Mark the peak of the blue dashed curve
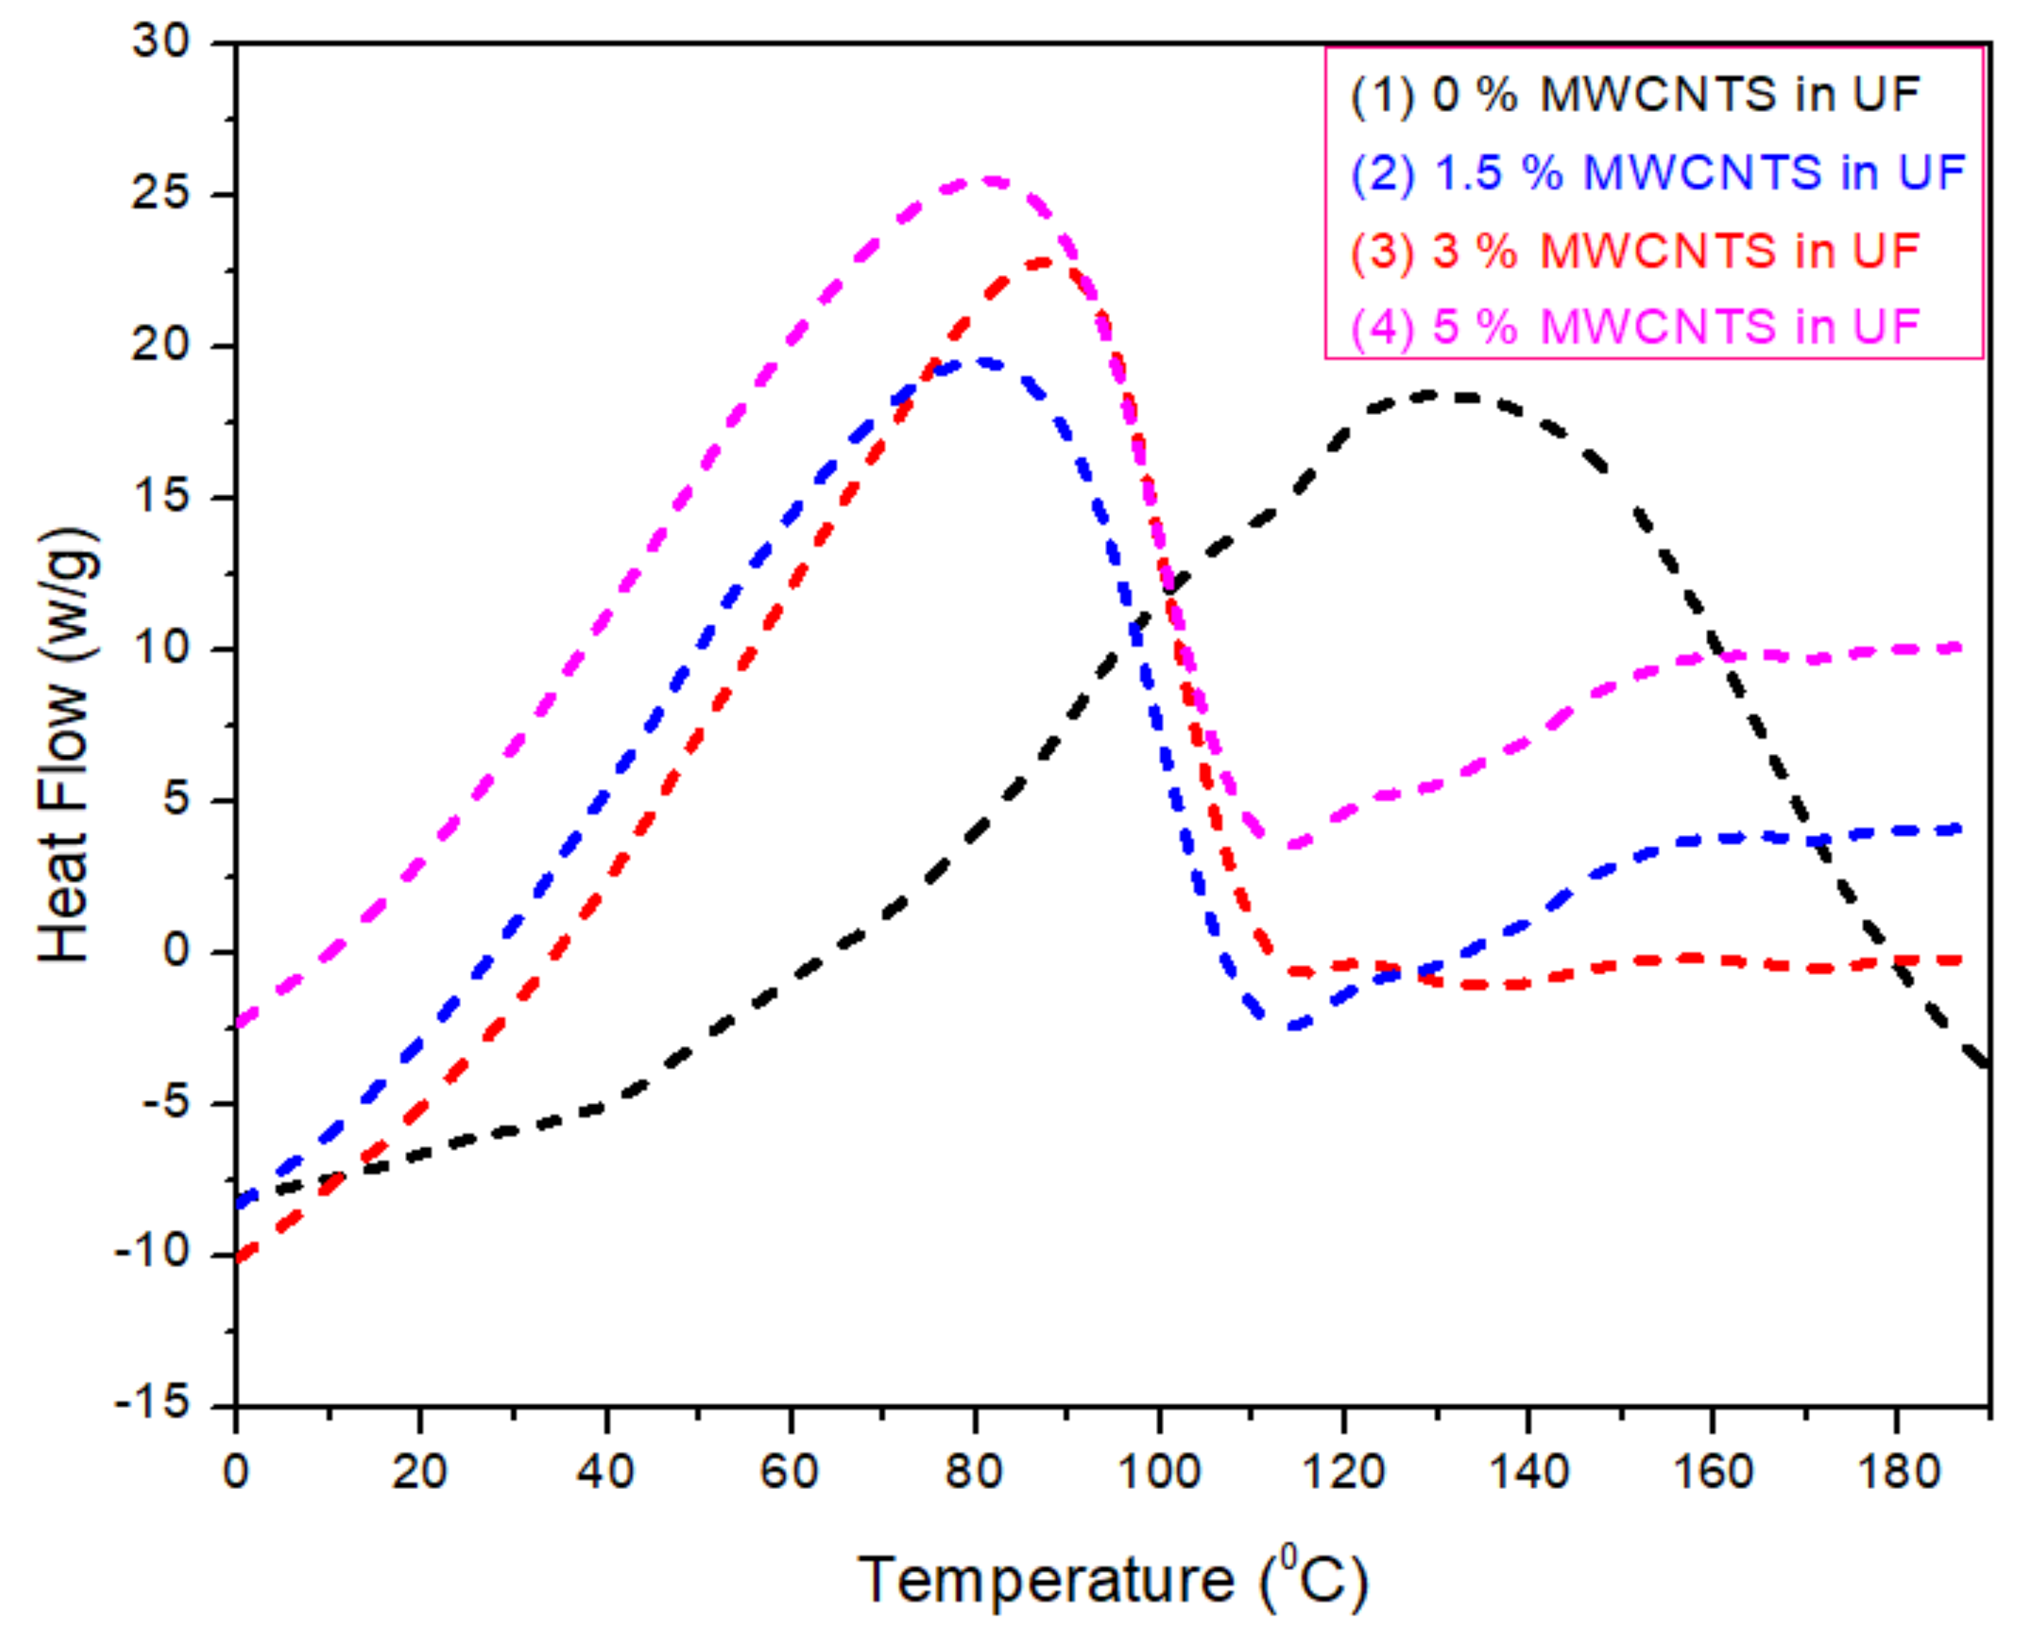point(981,361)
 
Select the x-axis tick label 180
point(1898,1472)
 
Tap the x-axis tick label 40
point(605,1472)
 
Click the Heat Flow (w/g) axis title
point(66,745)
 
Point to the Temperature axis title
point(1113,1580)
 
